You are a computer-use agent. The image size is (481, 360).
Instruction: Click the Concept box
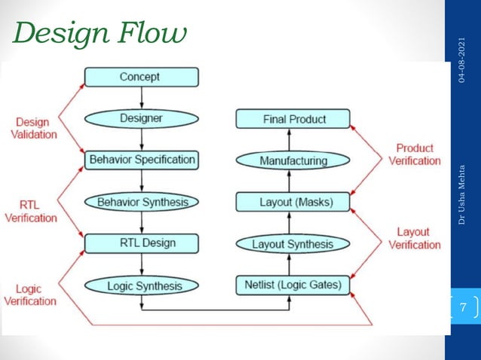[141, 77]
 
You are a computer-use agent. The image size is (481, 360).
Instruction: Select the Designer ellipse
[141, 118]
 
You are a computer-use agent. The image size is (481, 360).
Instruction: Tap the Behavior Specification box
[141, 160]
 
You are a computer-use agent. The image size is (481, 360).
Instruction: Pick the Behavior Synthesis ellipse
[141, 202]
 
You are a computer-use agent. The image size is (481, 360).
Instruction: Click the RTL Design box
[141, 243]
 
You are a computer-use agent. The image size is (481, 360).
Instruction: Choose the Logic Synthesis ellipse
[141, 285]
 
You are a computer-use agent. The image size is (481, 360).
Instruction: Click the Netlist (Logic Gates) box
[293, 285]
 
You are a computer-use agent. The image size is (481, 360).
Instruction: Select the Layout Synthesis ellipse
[293, 244]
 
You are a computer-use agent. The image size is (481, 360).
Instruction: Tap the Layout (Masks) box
[293, 202]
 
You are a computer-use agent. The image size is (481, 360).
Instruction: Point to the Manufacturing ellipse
[293, 160]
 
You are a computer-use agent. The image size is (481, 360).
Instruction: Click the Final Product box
[293, 119]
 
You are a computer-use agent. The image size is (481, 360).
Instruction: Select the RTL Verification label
[31, 211]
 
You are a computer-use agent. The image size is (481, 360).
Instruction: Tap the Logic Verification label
[30, 294]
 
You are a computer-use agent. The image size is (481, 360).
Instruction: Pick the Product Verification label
[415, 154]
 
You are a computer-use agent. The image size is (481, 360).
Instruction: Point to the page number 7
[463, 307]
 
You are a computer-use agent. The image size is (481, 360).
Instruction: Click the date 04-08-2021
[462, 59]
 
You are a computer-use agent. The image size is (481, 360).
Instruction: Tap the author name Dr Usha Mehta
[462, 193]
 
